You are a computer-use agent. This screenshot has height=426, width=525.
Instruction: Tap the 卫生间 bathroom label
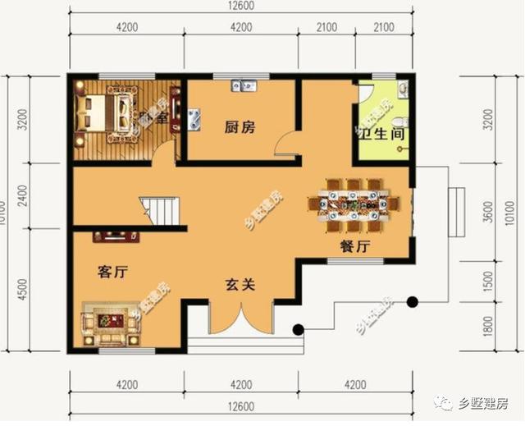[x=381, y=133]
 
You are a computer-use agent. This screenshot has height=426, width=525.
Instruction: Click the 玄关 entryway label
[x=240, y=285]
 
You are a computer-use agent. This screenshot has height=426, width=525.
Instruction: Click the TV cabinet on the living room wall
[x=116, y=236]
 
